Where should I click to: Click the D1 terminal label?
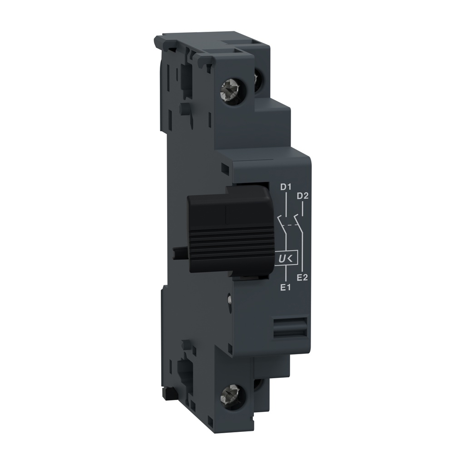285,187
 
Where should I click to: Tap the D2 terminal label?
302,196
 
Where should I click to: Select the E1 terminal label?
285,287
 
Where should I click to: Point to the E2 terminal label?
302,277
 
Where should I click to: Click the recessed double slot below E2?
291,327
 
